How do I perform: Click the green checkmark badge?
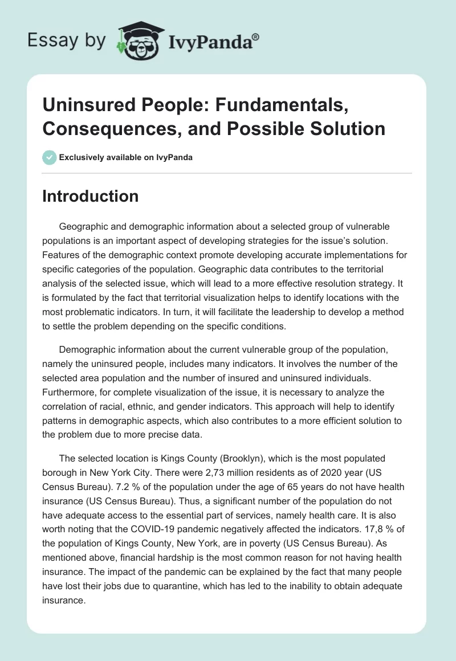pyautogui.click(x=50, y=157)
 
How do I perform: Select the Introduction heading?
pyautogui.click(x=91, y=196)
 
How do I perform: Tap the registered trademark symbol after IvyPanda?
pyautogui.click(x=256, y=37)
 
